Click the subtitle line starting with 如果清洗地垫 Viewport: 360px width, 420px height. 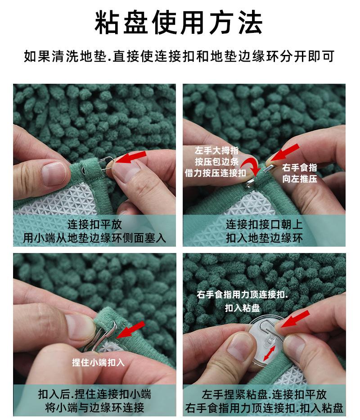click(180, 57)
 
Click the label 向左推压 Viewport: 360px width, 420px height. click(300, 179)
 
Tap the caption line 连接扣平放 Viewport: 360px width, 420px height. click(94, 224)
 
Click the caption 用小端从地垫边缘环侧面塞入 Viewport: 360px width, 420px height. click(94, 238)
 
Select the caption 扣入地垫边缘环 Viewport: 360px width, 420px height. click(264, 238)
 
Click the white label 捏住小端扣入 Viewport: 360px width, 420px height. click(98, 362)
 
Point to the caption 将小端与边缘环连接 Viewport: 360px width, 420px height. click(94, 408)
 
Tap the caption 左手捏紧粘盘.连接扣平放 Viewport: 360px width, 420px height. click(264, 394)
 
